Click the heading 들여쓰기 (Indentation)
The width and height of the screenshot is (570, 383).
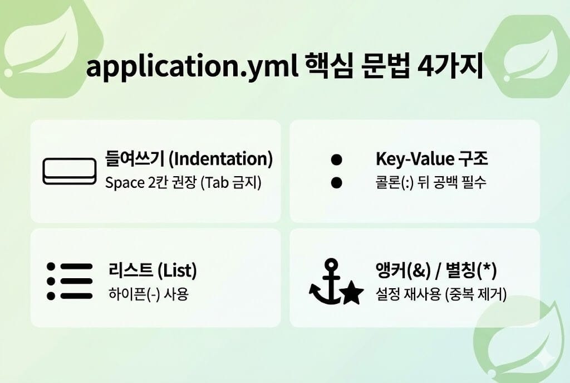click(x=189, y=159)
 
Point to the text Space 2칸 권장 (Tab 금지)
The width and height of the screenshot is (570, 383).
click(x=183, y=182)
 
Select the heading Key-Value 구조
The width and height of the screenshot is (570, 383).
click(x=431, y=159)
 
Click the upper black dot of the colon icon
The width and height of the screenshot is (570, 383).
click(x=336, y=160)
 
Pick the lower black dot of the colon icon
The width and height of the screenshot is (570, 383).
click(x=336, y=182)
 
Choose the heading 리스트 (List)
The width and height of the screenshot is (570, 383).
click(x=153, y=271)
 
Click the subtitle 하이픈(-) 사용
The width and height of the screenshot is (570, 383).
click(x=148, y=294)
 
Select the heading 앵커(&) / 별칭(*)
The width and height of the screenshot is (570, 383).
click(x=436, y=271)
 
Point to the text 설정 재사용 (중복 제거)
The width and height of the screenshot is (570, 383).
click(x=441, y=294)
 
